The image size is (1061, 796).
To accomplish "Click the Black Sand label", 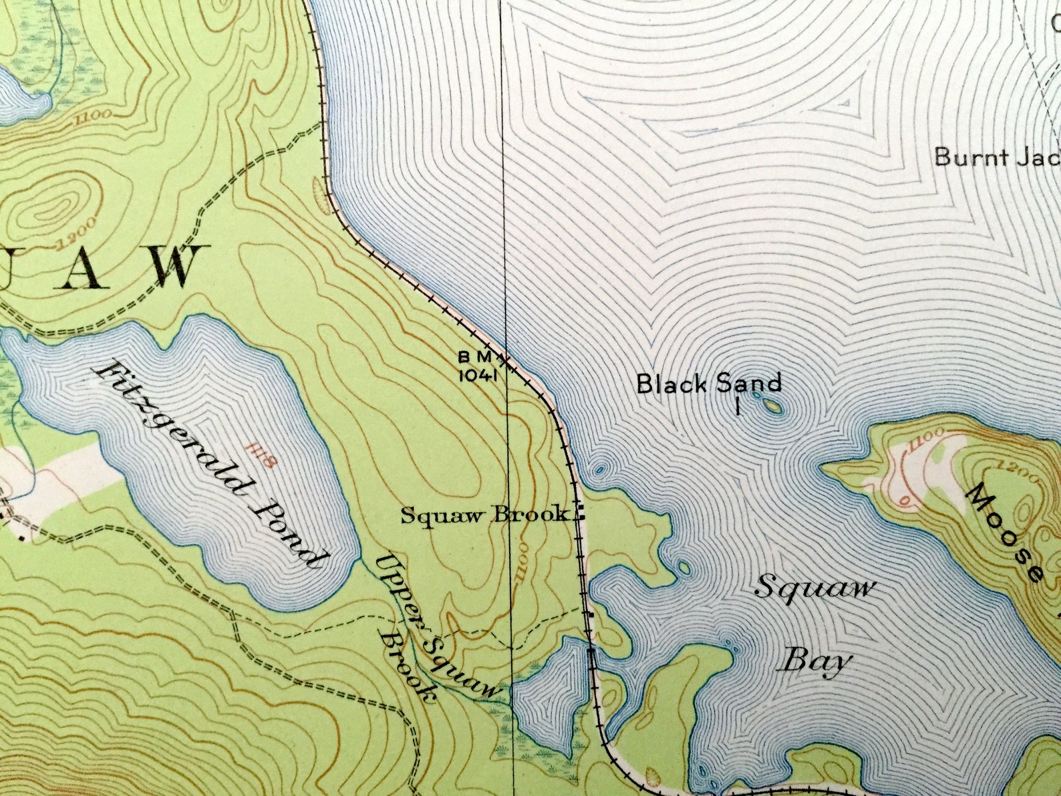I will tap(708, 384).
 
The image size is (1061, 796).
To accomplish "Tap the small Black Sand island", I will tap(771, 405).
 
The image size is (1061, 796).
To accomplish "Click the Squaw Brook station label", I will tap(485, 515).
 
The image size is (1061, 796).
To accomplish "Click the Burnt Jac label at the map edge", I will tap(996, 158).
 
